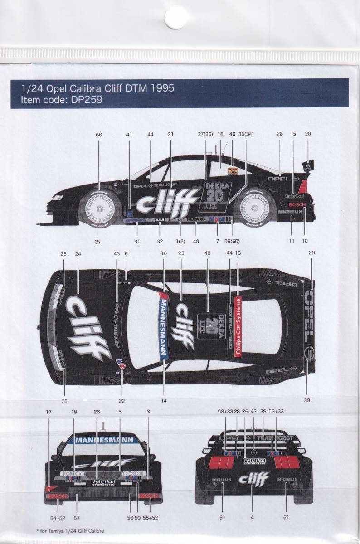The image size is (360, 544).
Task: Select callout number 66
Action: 99,134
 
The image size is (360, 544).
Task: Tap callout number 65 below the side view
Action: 97,242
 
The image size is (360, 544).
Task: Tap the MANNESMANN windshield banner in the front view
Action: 103,439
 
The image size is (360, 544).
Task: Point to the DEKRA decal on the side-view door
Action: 218,186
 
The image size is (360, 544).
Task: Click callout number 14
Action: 164,401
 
